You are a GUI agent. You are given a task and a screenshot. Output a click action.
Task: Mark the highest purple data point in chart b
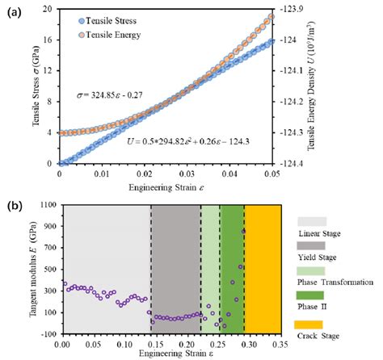coord(244,231)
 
